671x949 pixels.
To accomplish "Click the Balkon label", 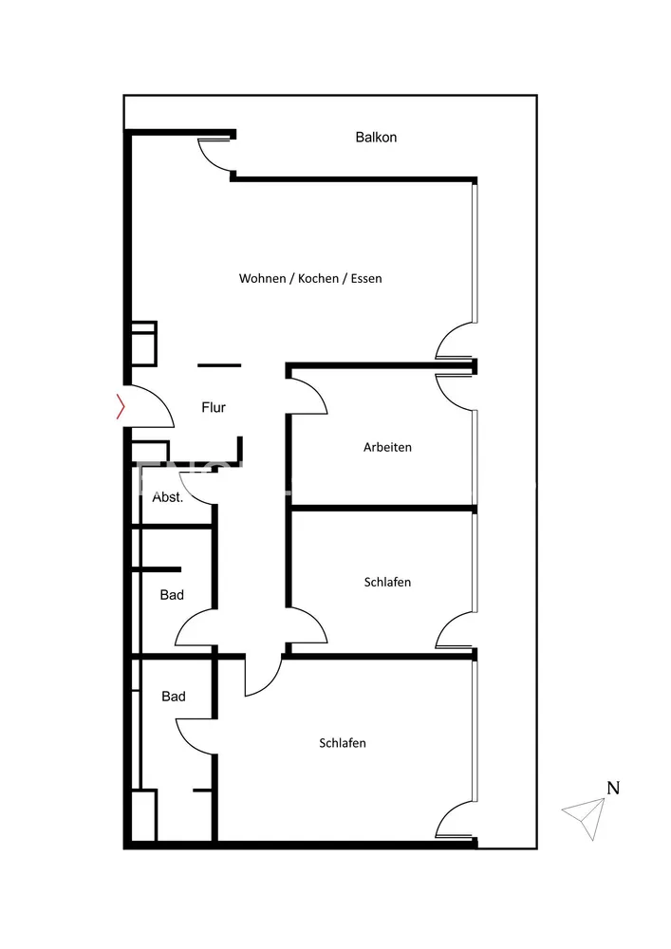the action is [x=376, y=138].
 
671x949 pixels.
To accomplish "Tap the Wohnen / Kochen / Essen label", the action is [x=310, y=278].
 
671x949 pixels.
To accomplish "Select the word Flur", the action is [x=214, y=407].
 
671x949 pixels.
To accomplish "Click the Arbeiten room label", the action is [x=387, y=447].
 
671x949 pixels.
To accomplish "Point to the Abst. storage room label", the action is [x=168, y=497].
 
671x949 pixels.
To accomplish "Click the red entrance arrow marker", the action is [x=121, y=406].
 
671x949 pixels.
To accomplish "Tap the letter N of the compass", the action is [x=613, y=788].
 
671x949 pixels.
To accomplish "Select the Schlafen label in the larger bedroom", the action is [x=343, y=743].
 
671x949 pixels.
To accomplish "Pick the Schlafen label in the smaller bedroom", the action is [x=387, y=583].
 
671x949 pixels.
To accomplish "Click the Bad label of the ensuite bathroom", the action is [x=174, y=697].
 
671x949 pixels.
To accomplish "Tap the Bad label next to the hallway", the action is [x=172, y=595].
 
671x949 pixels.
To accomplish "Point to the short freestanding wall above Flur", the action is [x=219, y=365].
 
